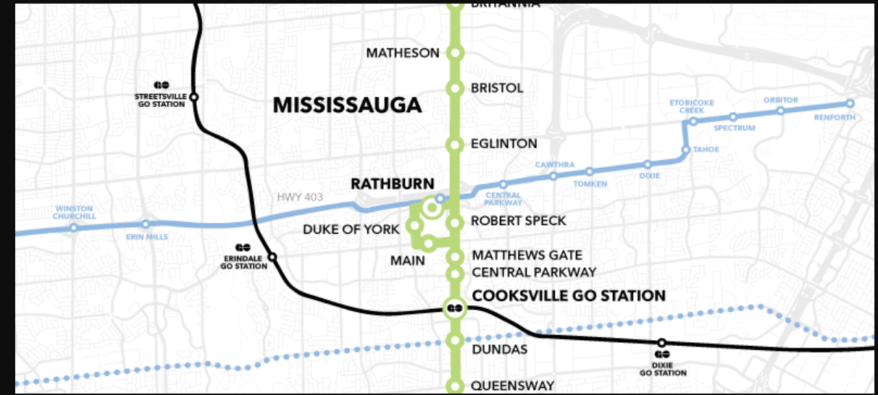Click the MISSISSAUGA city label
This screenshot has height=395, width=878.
pos(347,106)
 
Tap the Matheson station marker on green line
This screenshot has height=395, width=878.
pos(455,53)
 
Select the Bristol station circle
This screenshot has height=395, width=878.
pos(455,88)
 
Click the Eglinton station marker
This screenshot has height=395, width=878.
pos(455,145)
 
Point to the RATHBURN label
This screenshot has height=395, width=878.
pos(392,184)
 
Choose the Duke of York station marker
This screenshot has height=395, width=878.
pos(415,226)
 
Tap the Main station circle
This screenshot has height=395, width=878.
pos(428,244)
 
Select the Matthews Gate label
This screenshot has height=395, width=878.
pos(527,255)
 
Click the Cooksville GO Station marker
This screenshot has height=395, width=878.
pos(455,308)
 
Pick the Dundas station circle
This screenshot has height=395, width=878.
pos(455,340)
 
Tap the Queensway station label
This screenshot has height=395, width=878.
pos(512,386)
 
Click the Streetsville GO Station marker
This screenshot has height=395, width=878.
pos(194,97)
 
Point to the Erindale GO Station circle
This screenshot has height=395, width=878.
pos(272,257)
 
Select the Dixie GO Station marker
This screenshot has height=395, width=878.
pos(661,343)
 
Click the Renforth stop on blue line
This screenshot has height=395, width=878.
pos(850,103)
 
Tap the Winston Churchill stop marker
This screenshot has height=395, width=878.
pos(74,227)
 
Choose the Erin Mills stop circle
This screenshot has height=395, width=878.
pos(146,224)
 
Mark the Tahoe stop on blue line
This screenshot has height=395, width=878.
pos(685,150)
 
